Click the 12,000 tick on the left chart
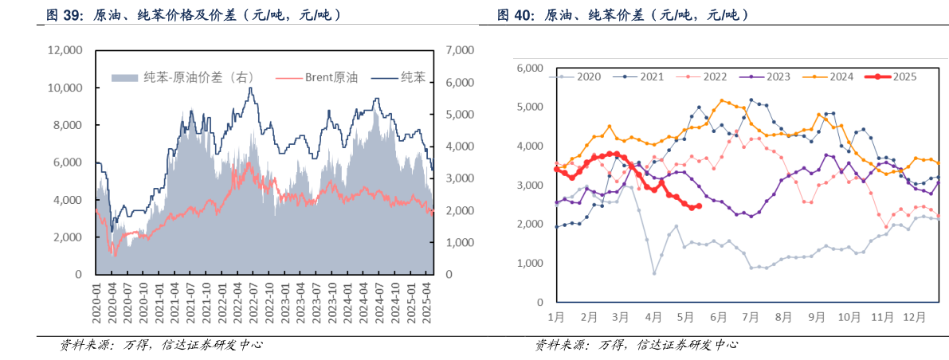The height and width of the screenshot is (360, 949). coord(65,50)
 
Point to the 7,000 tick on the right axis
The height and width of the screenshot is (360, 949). coord(460,50)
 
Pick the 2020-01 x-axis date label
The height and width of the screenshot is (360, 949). coord(96,307)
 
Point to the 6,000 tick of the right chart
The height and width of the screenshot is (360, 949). coord(529,68)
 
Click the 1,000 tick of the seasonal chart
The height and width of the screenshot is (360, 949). coord(529,264)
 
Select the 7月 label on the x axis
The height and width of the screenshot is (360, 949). coord(749,316)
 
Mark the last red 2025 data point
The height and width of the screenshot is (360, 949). coord(699,206)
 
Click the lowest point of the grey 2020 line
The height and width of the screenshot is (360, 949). coord(654,273)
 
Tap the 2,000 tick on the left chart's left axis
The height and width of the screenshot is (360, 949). coord(69,237)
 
